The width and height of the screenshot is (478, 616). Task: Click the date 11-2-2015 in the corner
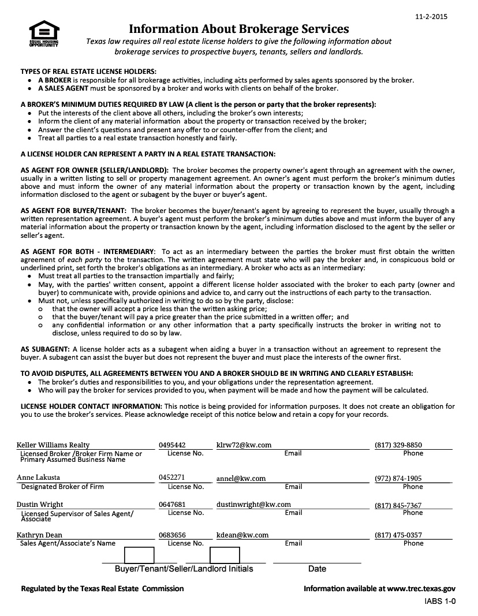431,17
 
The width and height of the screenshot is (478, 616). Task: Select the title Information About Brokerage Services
238,29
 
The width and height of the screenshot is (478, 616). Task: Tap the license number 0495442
172,445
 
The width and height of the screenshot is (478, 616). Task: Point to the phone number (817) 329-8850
398,445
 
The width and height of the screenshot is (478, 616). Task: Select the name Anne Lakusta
38,478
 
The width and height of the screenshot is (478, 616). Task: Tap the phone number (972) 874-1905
398,478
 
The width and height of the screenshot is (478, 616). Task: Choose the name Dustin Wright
40,505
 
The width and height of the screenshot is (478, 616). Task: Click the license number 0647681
172,505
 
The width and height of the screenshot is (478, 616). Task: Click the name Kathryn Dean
39,535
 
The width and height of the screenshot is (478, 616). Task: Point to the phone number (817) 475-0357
398,535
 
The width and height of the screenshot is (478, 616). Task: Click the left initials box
139,555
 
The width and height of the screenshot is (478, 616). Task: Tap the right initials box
225,555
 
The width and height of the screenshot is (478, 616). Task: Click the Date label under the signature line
317,569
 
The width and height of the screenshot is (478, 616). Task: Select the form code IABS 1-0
436,602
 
